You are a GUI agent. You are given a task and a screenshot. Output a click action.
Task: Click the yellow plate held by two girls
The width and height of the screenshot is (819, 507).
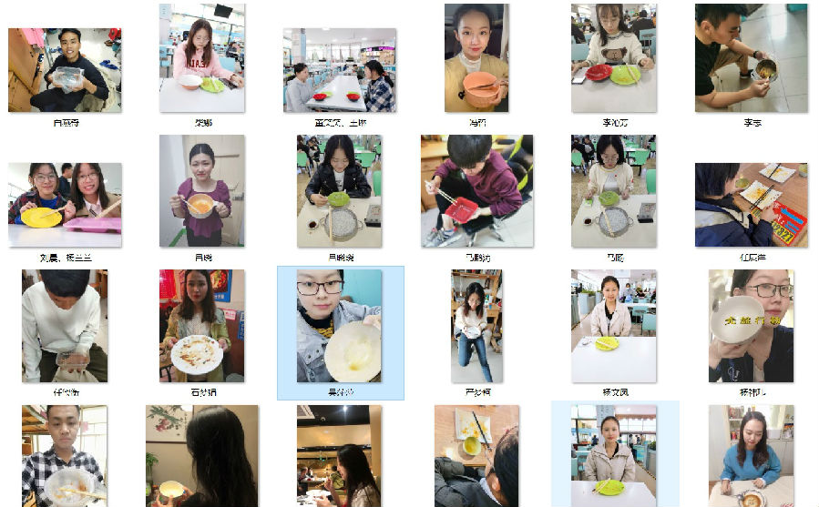[x=41, y=217]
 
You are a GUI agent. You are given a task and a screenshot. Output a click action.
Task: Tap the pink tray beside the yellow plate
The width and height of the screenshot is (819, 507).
[x=93, y=224]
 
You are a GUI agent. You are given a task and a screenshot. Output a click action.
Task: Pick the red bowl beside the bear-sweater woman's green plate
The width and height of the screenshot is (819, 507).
[x=599, y=72]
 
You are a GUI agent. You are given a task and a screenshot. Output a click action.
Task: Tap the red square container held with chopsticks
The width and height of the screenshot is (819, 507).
[x=461, y=208]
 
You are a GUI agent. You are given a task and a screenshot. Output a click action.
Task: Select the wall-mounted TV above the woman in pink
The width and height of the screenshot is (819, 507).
[x=223, y=11]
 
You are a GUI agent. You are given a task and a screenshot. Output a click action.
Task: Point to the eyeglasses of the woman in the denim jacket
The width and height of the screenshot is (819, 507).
[x=320, y=288]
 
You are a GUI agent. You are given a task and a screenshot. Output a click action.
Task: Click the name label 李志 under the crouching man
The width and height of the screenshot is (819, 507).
[x=752, y=121]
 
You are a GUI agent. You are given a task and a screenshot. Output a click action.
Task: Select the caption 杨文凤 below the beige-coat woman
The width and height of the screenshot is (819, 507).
[x=614, y=392]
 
